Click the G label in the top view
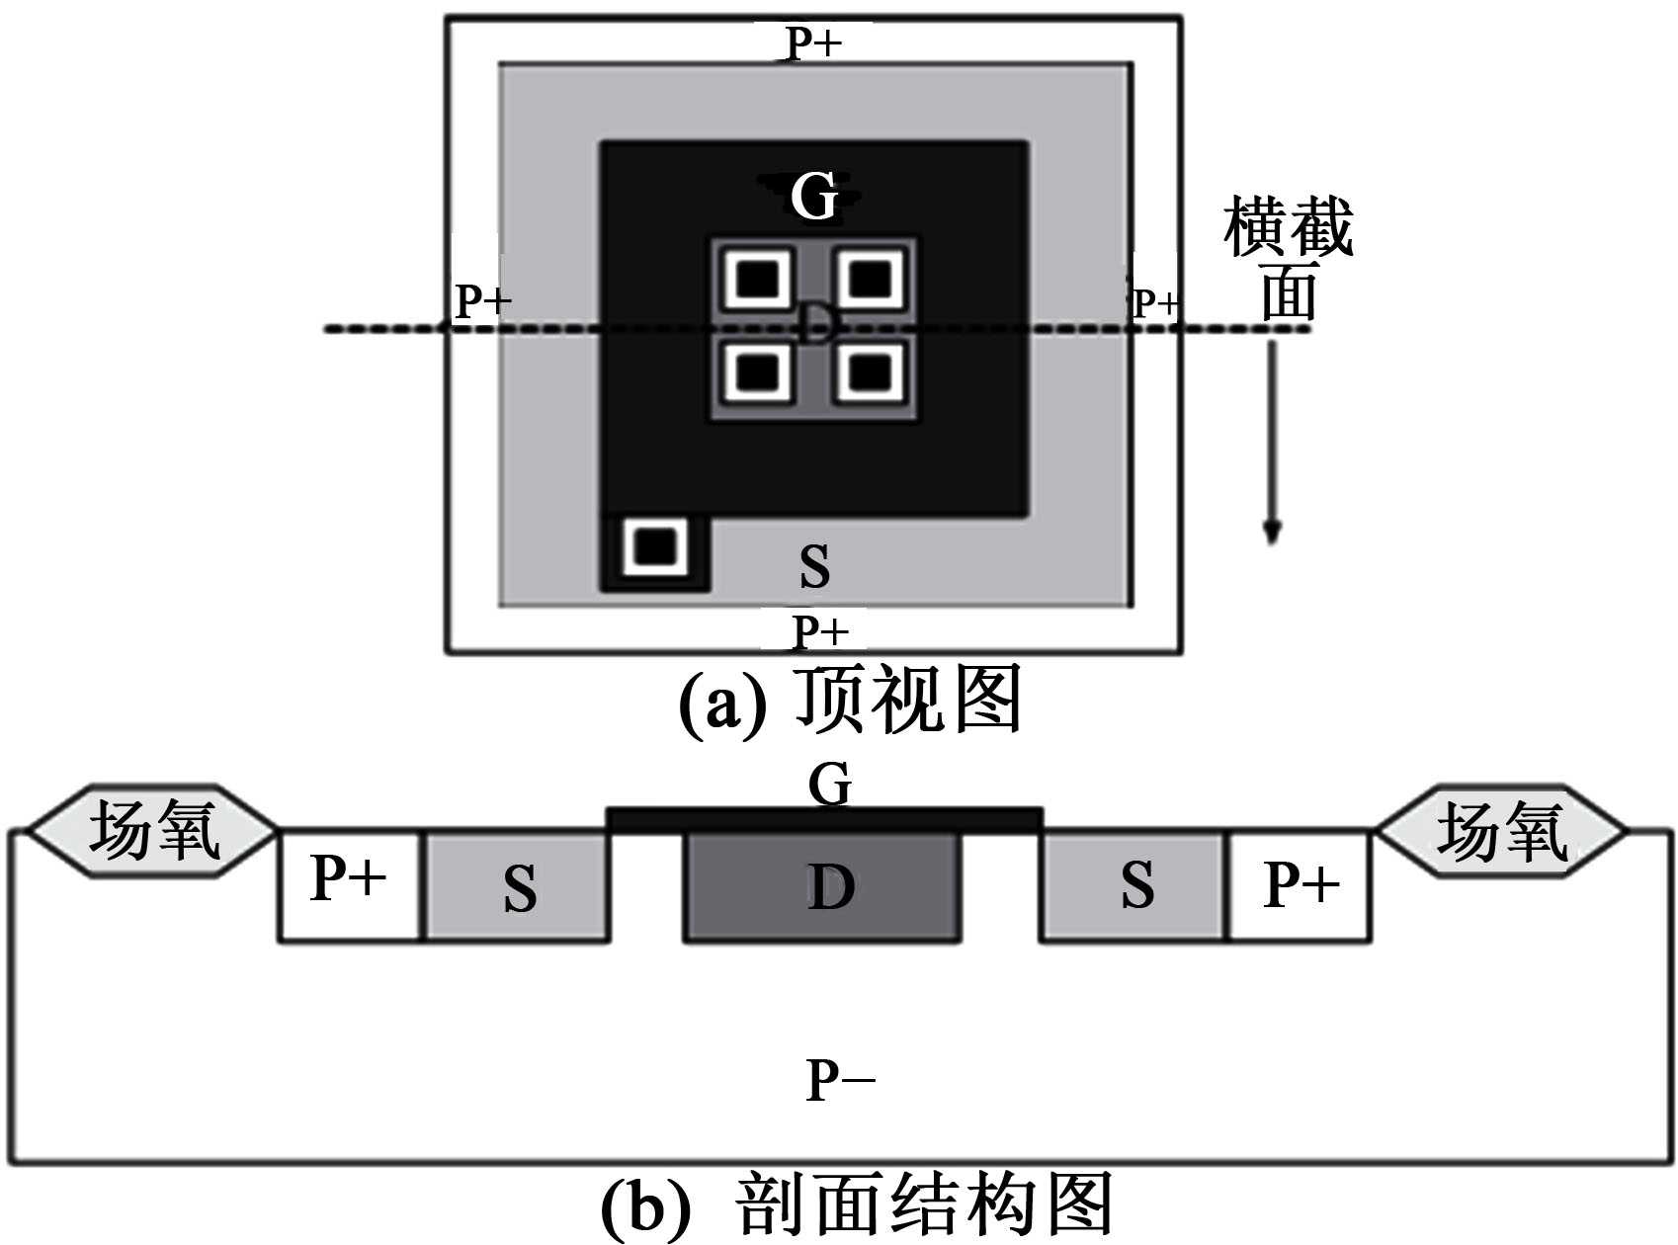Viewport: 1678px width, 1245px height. (814, 196)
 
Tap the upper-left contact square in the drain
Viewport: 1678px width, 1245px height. (758, 280)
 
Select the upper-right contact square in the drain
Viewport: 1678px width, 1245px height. (871, 280)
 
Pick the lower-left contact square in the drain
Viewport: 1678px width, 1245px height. (758, 373)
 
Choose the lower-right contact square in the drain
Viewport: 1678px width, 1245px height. (871, 373)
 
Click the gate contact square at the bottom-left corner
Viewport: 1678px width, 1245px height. (654, 545)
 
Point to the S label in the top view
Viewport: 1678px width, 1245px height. (814, 566)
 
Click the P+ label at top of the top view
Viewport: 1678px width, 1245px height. (812, 43)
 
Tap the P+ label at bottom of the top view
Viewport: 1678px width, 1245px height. (820, 630)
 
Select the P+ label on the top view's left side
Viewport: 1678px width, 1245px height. (482, 301)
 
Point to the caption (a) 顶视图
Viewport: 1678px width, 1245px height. (850, 701)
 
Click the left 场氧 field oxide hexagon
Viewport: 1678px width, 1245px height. (152, 830)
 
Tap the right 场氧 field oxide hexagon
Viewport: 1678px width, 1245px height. (1501, 831)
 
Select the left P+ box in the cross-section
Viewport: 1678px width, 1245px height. (349, 885)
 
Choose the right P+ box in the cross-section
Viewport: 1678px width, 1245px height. (1300, 885)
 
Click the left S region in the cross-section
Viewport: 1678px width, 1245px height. (518, 886)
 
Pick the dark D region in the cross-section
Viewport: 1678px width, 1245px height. (823, 886)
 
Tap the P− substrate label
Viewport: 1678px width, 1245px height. (840, 1080)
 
